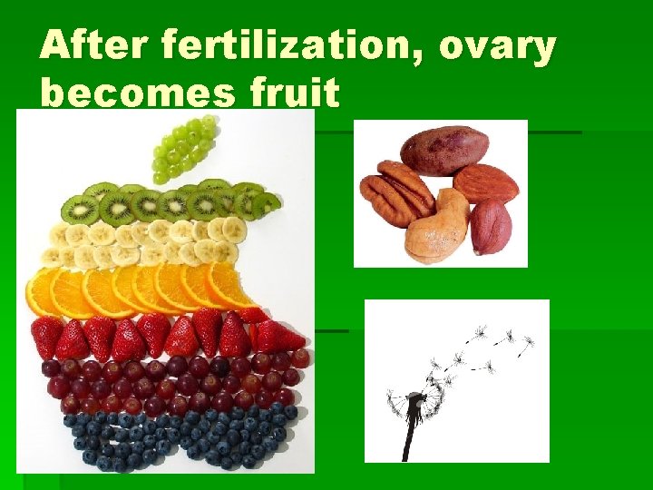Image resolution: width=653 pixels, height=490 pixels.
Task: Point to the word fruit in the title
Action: point(290,93)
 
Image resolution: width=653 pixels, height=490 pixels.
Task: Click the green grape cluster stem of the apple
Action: point(186,149)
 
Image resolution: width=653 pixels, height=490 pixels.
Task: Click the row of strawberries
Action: point(163,336)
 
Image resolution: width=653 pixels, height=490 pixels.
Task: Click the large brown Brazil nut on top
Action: point(444,150)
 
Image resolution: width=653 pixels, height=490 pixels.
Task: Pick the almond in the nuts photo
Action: point(486,182)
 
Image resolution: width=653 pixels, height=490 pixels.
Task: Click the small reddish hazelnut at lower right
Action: point(491,226)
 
